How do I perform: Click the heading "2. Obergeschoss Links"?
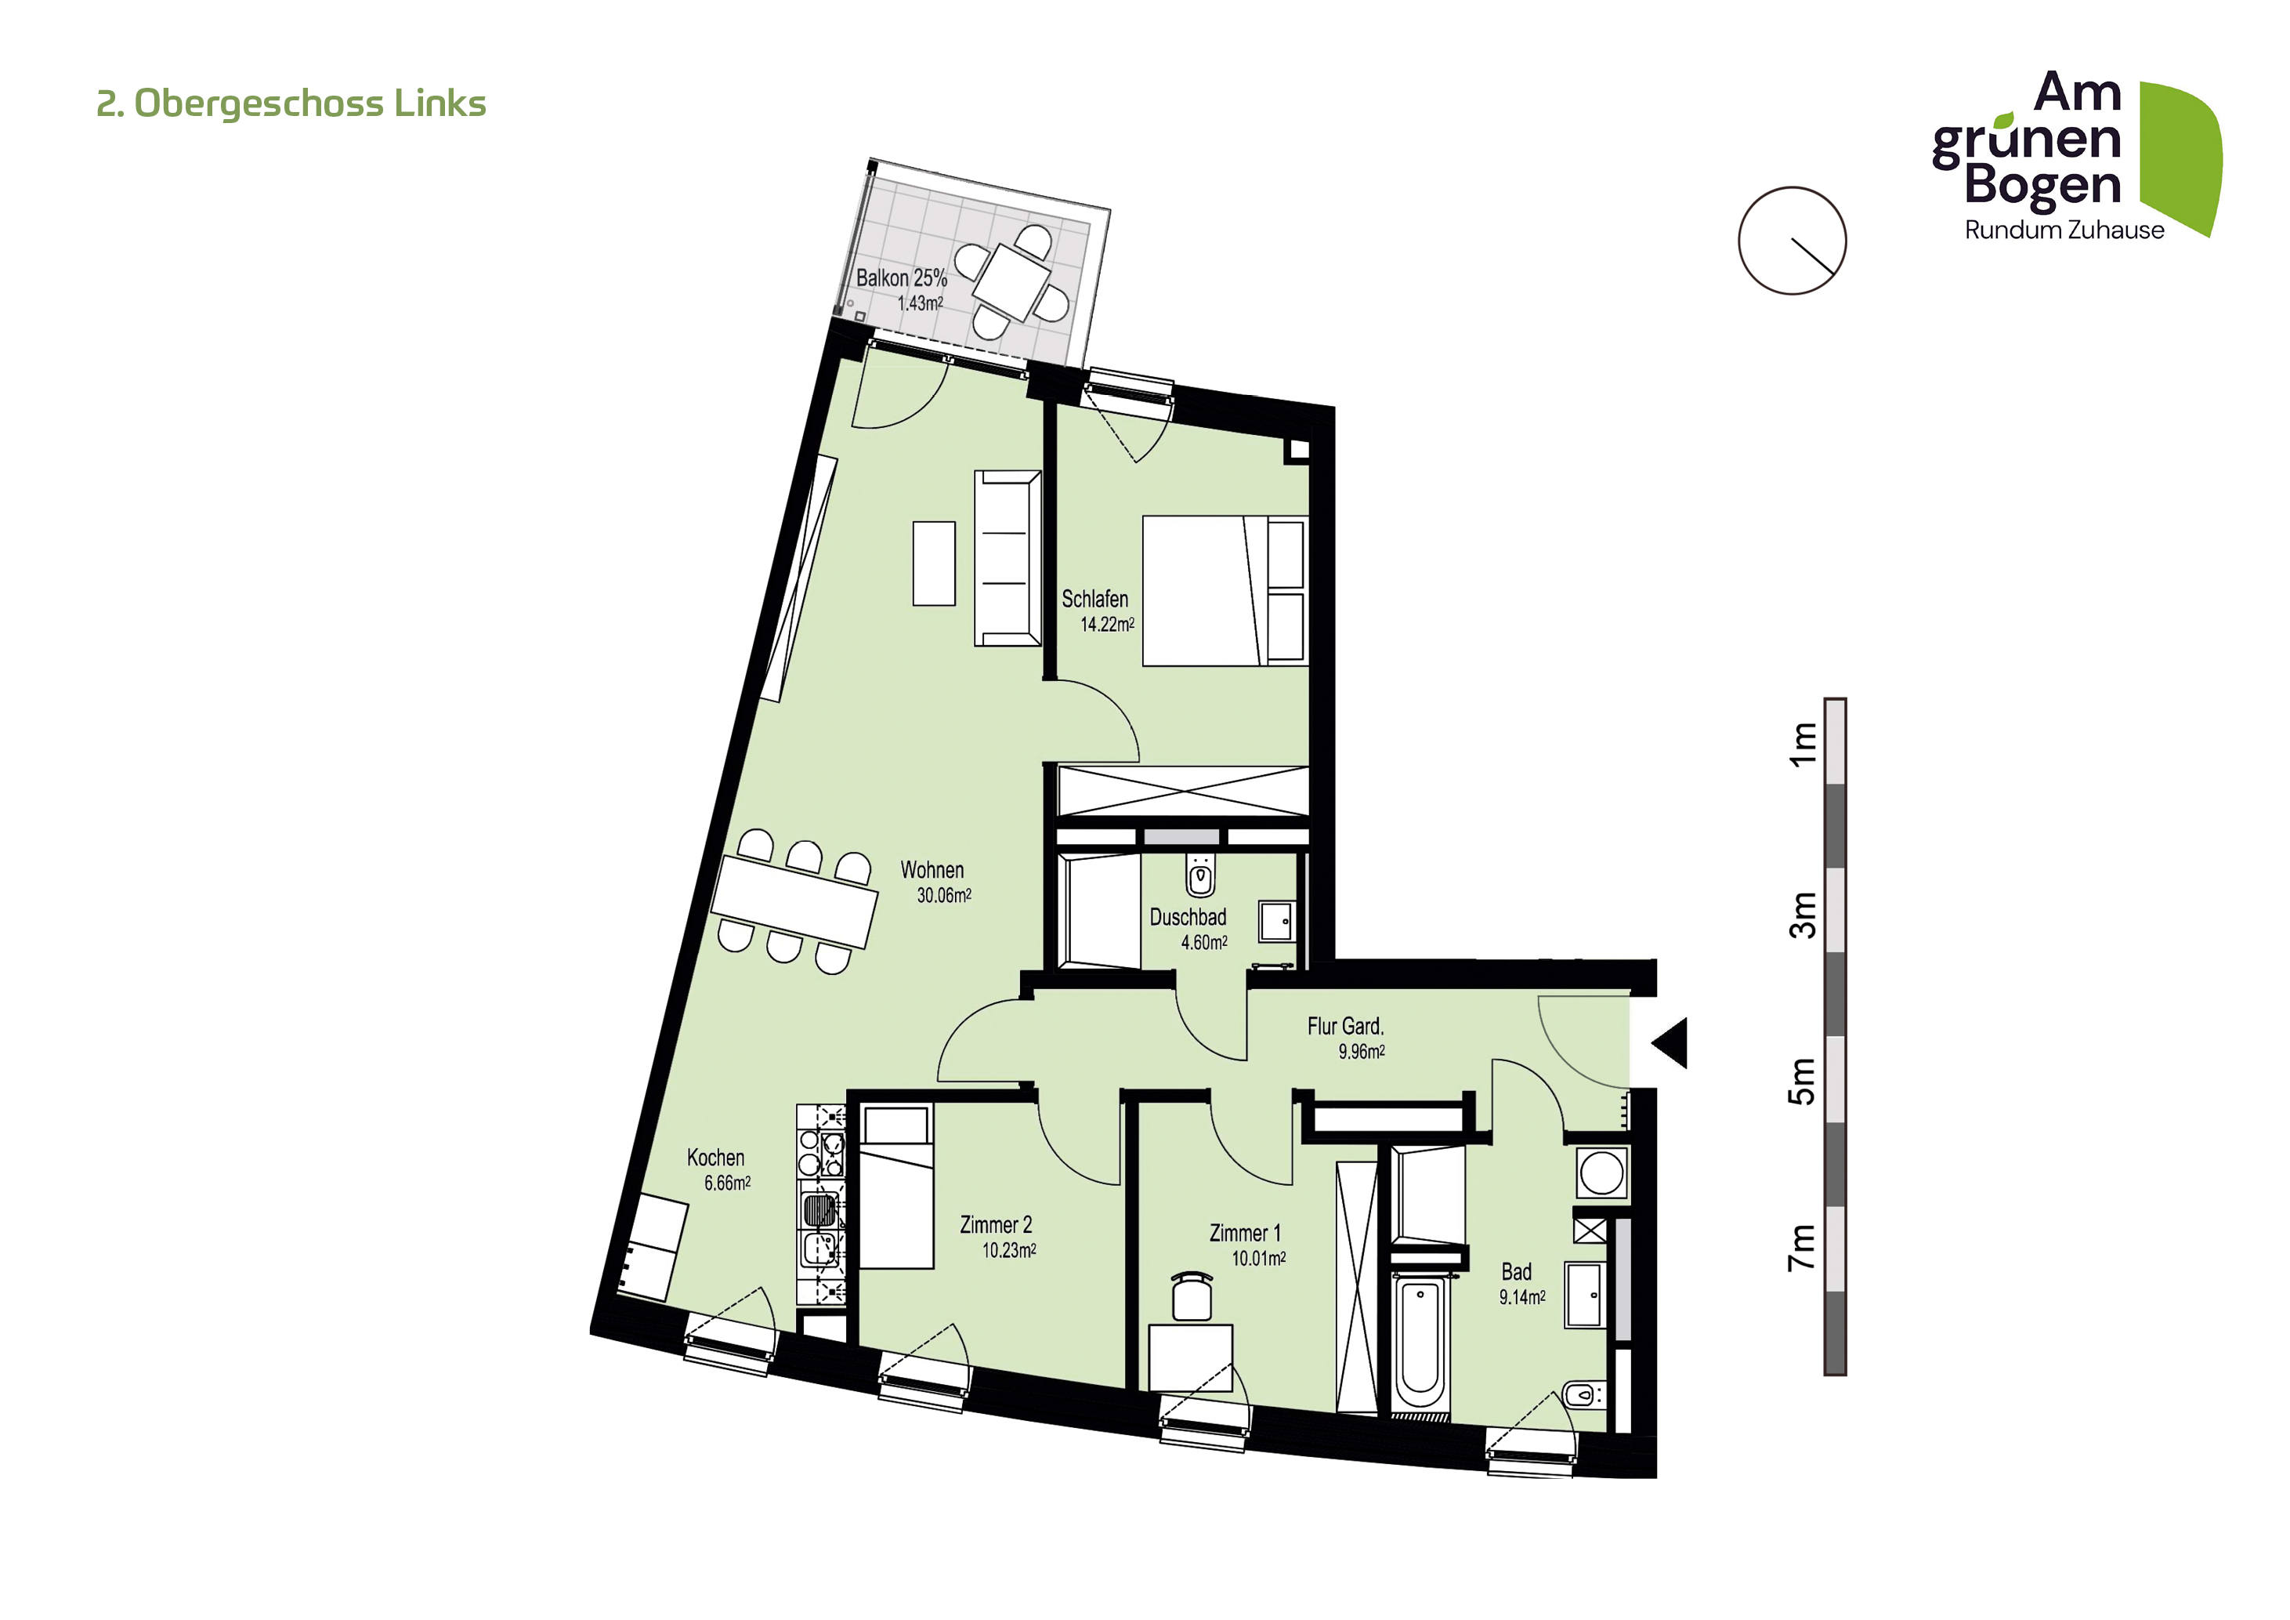(291, 103)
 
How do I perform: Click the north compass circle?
(1793, 241)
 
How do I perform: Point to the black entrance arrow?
(1670, 1042)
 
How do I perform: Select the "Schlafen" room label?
(1094, 599)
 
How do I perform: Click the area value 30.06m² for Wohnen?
(943, 895)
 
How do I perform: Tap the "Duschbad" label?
(1188, 917)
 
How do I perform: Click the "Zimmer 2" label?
(996, 1224)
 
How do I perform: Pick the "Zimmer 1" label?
(1245, 1233)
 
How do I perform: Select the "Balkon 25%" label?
(902, 277)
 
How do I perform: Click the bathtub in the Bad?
(1418, 1343)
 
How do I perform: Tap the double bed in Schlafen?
(1225, 590)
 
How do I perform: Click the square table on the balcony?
(1012, 281)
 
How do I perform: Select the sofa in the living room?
(1008, 559)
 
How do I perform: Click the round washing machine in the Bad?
(1602, 1172)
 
